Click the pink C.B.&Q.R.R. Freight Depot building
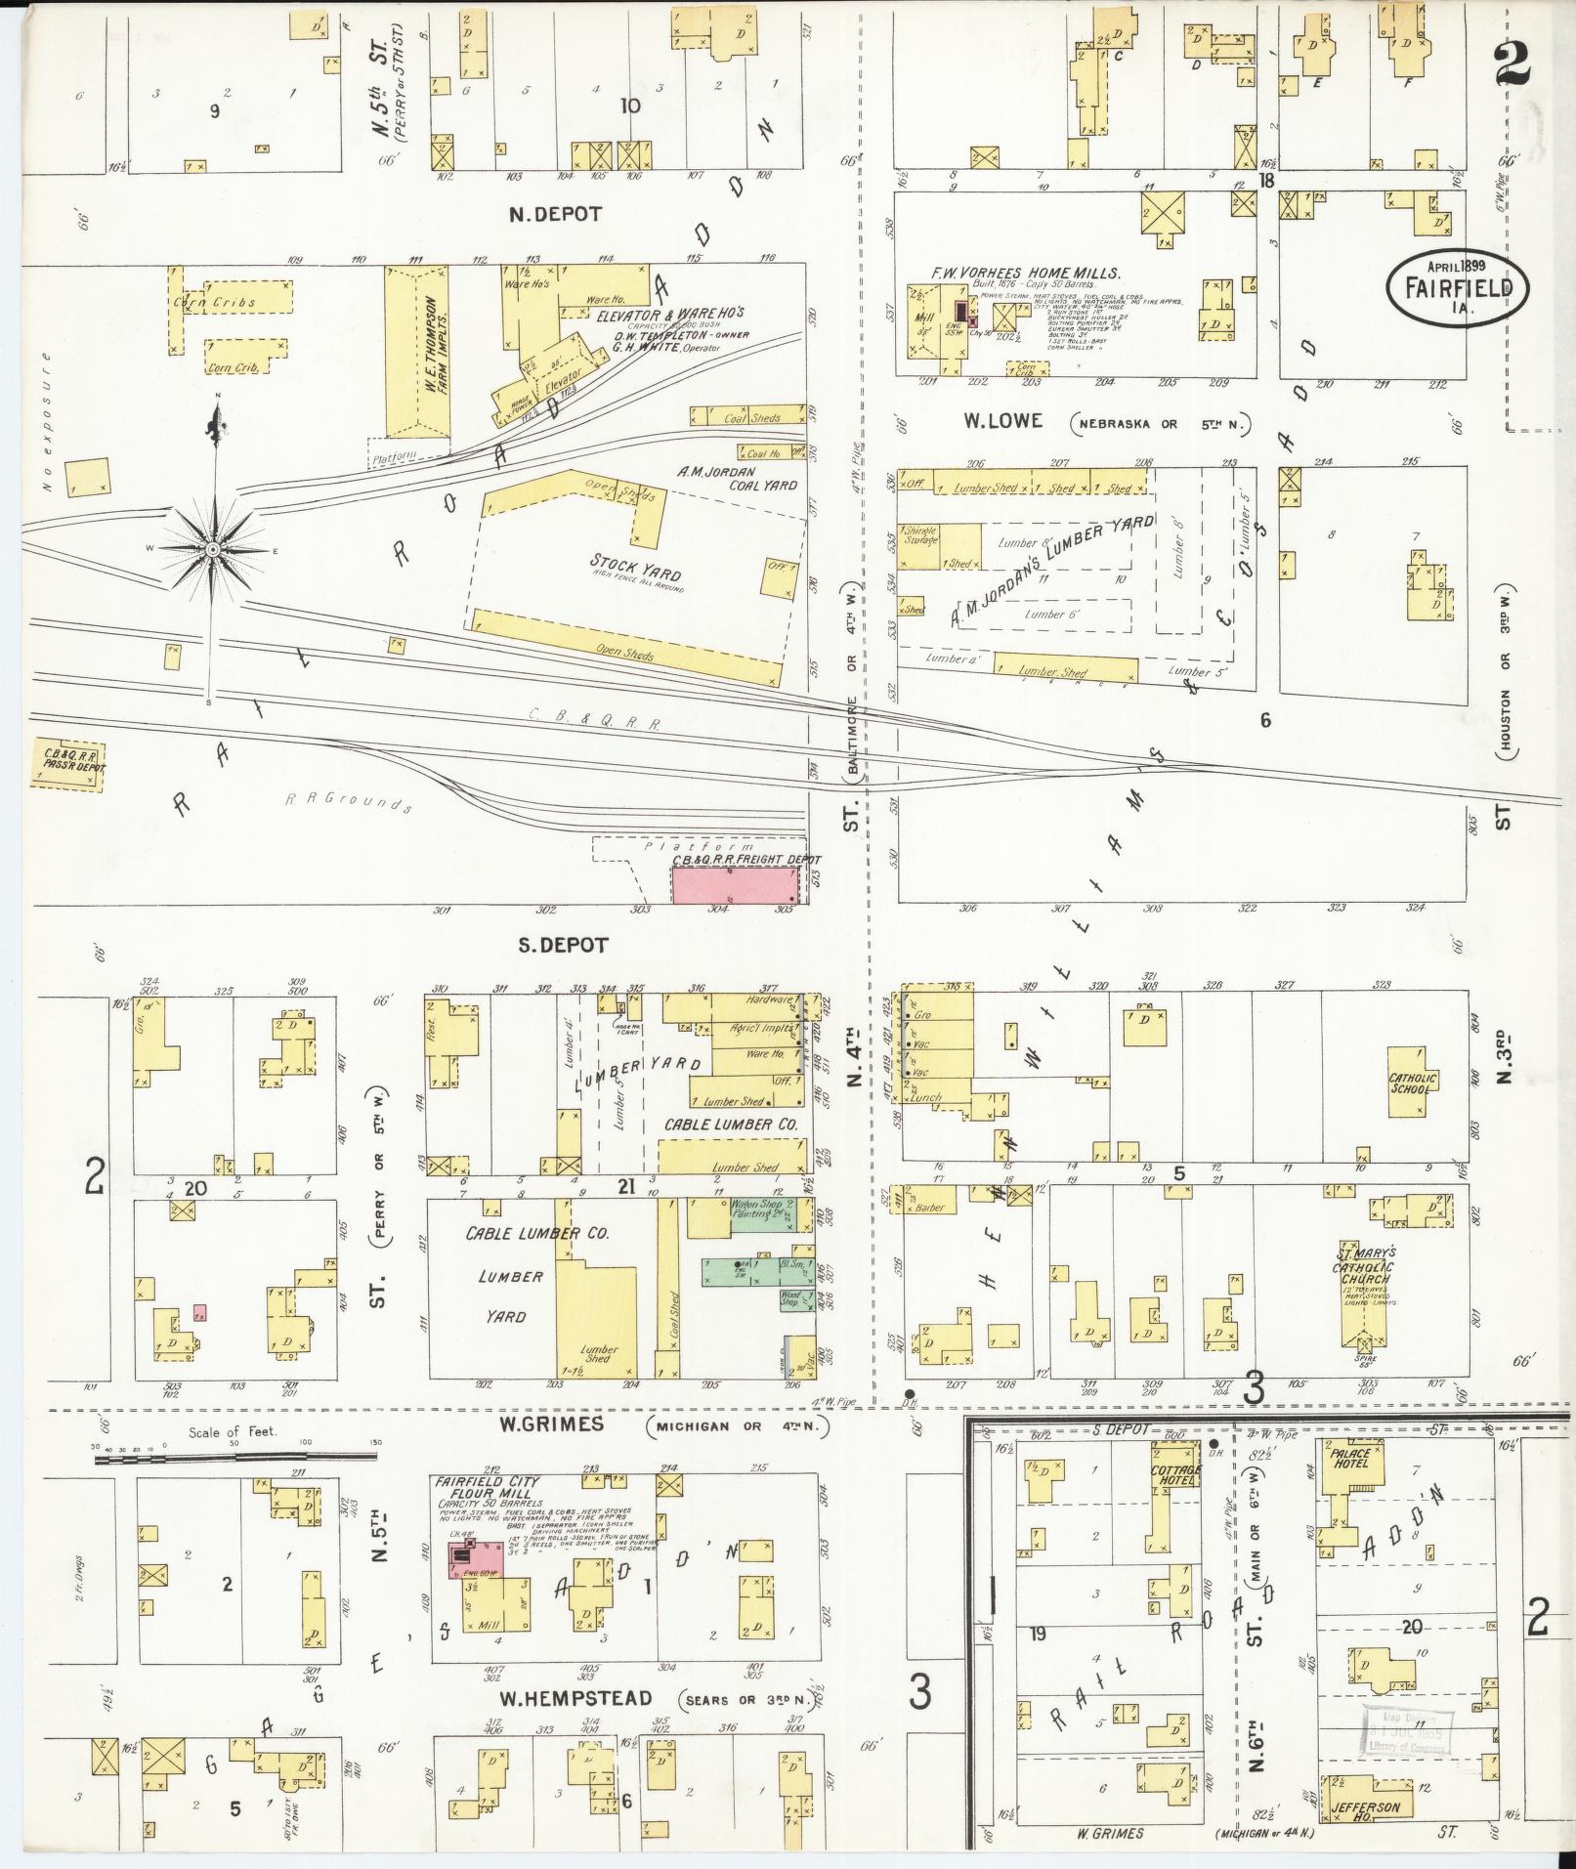[x=733, y=883]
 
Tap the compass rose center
[x=212, y=551]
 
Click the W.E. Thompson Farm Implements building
[x=417, y=352]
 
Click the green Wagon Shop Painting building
[x=760, y=1214]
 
